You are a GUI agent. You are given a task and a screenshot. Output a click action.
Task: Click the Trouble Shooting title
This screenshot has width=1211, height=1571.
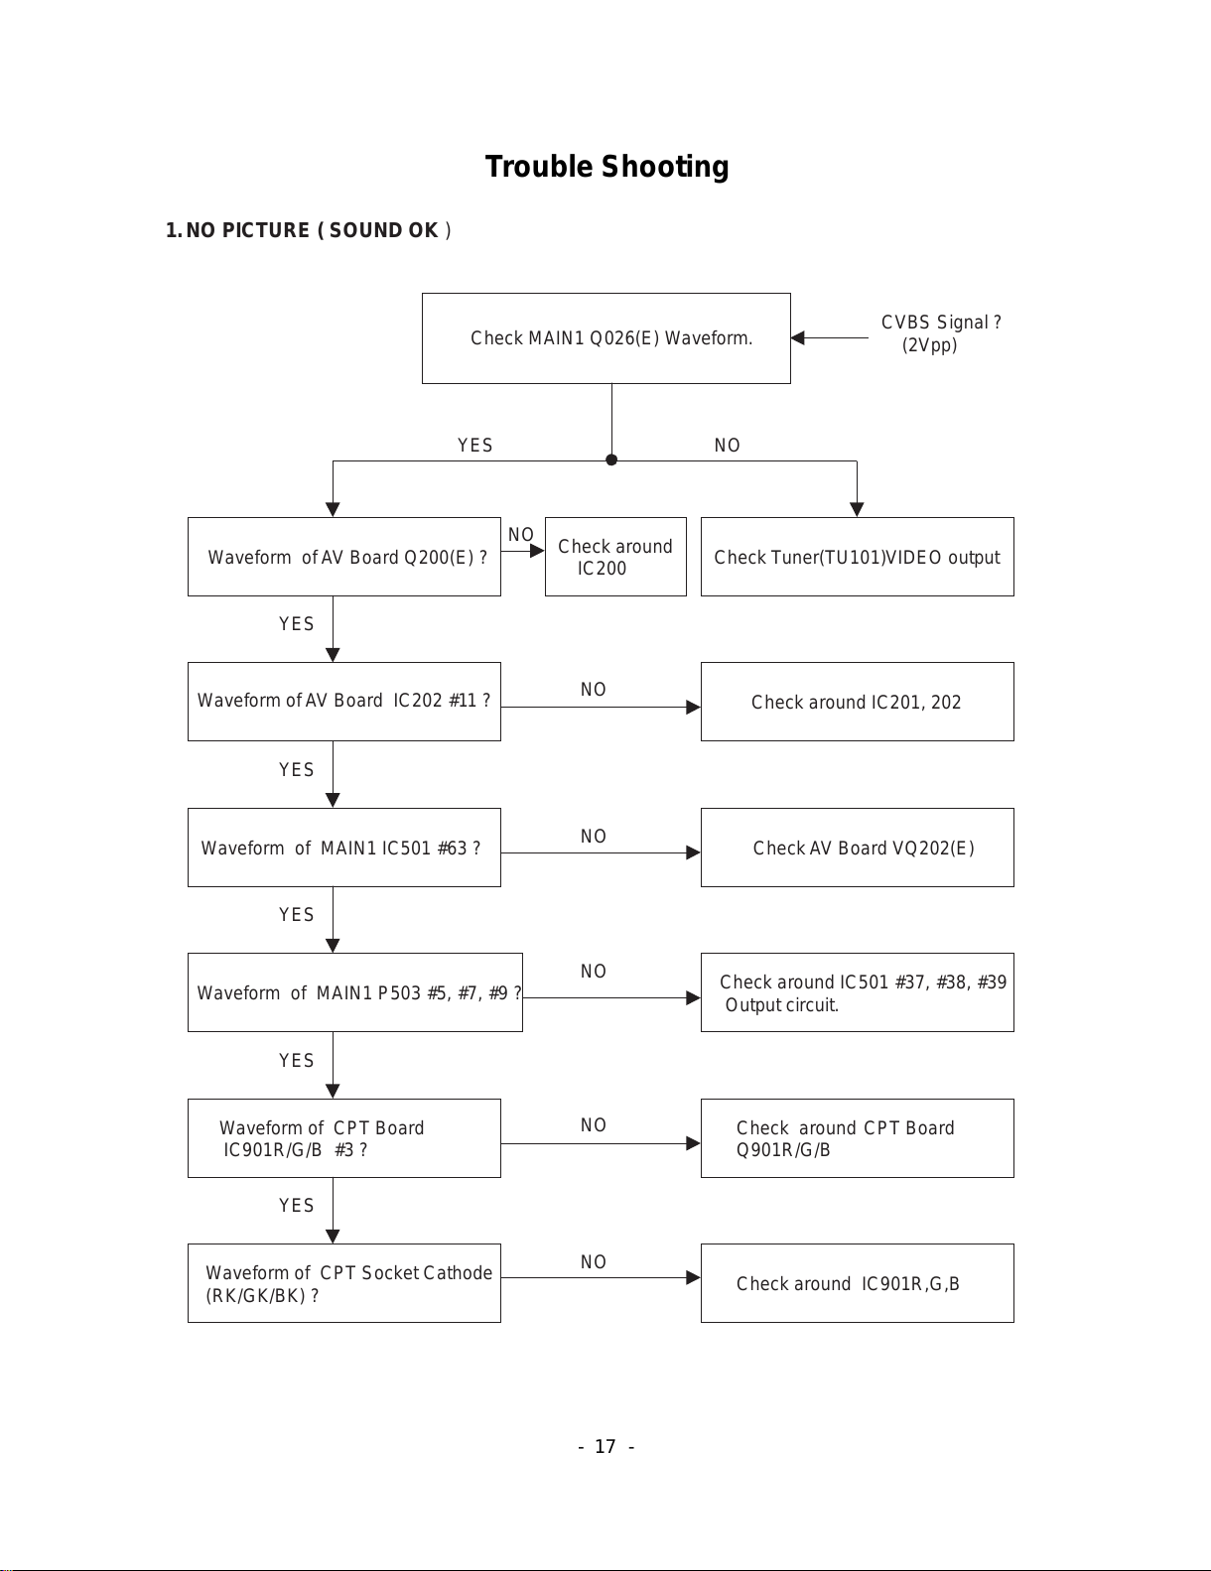(606, 167)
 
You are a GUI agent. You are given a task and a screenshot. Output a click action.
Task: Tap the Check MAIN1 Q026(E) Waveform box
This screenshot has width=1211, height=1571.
(605, 338)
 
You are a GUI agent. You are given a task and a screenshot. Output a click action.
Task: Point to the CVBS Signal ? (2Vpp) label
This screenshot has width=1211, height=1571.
(940, 333)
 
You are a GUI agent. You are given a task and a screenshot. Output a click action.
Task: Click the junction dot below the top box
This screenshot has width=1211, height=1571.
(611, 459)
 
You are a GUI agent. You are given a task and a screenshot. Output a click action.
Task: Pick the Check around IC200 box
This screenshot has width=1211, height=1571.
(615, 557)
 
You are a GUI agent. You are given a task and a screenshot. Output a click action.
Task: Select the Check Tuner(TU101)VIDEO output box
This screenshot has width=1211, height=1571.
(858, 557)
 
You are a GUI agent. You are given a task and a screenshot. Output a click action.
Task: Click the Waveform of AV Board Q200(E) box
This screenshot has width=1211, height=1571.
(344, 557)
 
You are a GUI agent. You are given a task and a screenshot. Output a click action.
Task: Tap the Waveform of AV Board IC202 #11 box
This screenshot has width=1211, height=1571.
(344, 702)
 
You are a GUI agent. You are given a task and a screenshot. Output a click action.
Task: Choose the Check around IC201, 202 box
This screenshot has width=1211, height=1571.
(858, 702)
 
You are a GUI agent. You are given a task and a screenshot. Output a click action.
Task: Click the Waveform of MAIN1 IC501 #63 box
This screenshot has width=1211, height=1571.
(344, 848)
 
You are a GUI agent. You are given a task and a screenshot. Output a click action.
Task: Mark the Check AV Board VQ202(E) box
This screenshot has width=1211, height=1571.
(858, 848)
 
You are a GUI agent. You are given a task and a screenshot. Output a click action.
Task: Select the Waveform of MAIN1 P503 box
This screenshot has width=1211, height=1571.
(355, 992)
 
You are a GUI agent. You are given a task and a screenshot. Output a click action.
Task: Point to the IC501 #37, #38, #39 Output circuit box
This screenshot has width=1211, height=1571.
(858, 992)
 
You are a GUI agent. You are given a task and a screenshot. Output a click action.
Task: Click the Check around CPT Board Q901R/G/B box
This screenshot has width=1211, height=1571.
(858, 1138)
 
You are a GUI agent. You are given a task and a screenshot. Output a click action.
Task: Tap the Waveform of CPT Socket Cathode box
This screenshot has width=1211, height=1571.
(344, 1283)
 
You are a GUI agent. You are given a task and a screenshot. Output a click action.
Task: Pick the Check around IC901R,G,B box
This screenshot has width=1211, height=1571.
(858, 1283)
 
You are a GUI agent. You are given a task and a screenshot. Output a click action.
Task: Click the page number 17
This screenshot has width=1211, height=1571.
(605, 1447)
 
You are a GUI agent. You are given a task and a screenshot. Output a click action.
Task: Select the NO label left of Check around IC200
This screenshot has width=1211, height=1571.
(520, 534)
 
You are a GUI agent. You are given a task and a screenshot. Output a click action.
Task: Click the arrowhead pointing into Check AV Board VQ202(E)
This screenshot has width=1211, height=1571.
(693, 853)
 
